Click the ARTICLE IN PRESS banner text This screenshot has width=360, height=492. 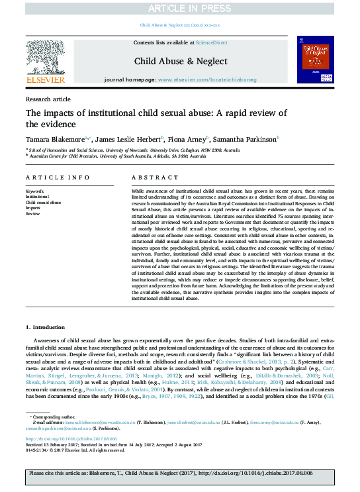point(180,8)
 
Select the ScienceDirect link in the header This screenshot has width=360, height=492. point(211,42)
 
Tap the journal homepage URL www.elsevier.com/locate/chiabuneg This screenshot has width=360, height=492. point(211,79)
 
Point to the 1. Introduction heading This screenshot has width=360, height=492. point(47,327)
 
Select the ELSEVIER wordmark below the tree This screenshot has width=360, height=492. point(45,80)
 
